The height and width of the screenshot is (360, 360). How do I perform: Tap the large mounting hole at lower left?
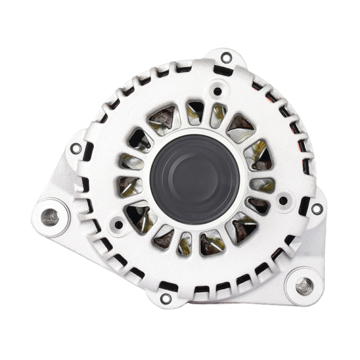click(50, 217)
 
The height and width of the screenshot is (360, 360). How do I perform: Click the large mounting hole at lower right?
click(304, 286)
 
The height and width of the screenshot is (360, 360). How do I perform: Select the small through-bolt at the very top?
click(226, 58)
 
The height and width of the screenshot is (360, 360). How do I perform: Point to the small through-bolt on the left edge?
click(76, 148)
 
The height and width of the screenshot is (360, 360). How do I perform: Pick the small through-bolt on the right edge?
click(316, 209)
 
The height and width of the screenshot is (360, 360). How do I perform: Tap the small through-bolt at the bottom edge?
click(166, 298)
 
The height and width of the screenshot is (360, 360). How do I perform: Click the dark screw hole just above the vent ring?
click(217, 92)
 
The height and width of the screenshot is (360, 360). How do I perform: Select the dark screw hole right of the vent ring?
click(283, 200)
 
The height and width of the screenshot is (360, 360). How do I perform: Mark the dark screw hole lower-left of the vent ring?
click(119, 225)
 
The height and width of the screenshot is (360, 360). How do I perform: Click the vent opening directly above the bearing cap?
click(195, 113)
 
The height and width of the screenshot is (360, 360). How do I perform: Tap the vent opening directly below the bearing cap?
click(185, 242)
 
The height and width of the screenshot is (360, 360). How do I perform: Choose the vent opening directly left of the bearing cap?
click(130, 186)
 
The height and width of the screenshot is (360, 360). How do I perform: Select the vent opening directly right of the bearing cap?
click(262, 185)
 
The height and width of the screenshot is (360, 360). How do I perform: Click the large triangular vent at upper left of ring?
click(163, 118)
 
